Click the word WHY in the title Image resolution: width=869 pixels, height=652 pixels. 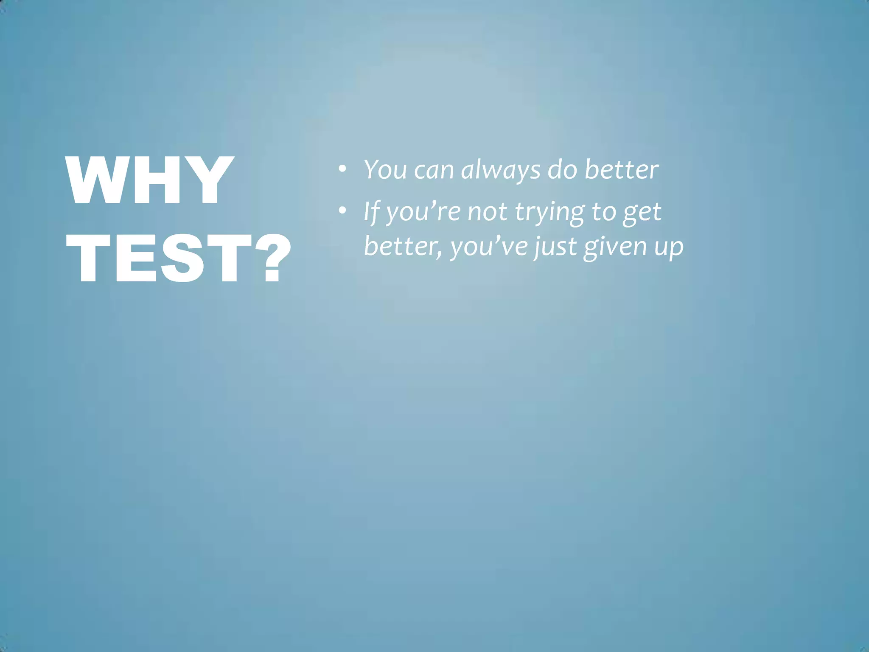[x=149, y=180]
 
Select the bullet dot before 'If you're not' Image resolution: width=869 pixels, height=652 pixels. [x=342, y=211]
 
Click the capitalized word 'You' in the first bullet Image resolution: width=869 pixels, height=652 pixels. [x=385, y=170]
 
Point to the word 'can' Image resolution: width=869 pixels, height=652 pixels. [x=434, y=171]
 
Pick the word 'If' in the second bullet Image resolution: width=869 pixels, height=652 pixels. [x=371, y=211]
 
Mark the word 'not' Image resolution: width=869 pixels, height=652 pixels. [x=487, y=212]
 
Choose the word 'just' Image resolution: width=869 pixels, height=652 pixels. [x=555, y=247]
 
